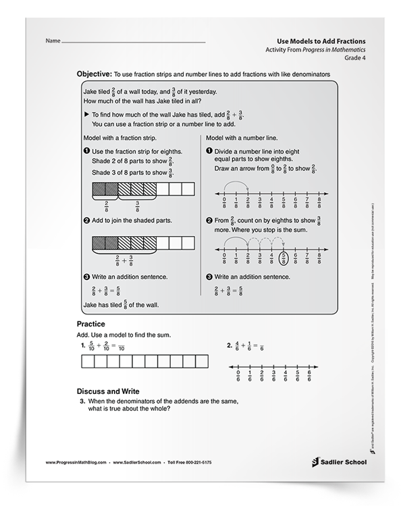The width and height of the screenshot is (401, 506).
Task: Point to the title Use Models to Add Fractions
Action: click(319, 41)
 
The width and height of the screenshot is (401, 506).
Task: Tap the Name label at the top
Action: click(53, 42)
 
